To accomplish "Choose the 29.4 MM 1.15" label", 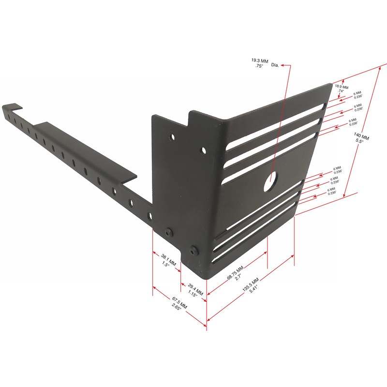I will point(195,290).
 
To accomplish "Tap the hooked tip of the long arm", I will point(11,106).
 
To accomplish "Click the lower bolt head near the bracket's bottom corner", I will point(194,251).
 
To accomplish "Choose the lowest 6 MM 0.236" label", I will point(331,192).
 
